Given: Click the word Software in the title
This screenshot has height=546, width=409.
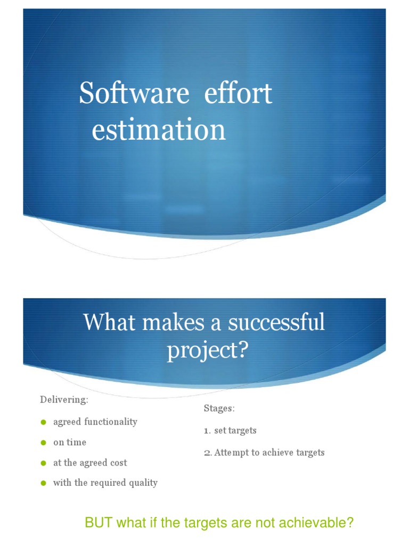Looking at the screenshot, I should point(134,94).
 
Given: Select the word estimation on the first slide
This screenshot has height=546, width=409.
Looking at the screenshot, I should point(159,131).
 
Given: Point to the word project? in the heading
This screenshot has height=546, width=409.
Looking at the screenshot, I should point(207,351).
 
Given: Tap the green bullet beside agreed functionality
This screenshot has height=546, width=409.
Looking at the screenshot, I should point(44,422).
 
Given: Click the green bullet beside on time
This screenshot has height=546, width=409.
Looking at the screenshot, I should point(44,443).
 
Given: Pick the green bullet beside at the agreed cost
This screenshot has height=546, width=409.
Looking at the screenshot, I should point(44,463).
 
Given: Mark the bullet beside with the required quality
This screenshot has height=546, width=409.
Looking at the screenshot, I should point(44,483).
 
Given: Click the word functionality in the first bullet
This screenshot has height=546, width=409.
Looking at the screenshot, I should point(109,422).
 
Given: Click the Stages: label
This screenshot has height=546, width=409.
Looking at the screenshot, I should point(219,408).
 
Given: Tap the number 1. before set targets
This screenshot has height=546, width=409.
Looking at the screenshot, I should point(207,430).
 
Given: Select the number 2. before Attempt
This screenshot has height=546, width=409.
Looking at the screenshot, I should point(208,453).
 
